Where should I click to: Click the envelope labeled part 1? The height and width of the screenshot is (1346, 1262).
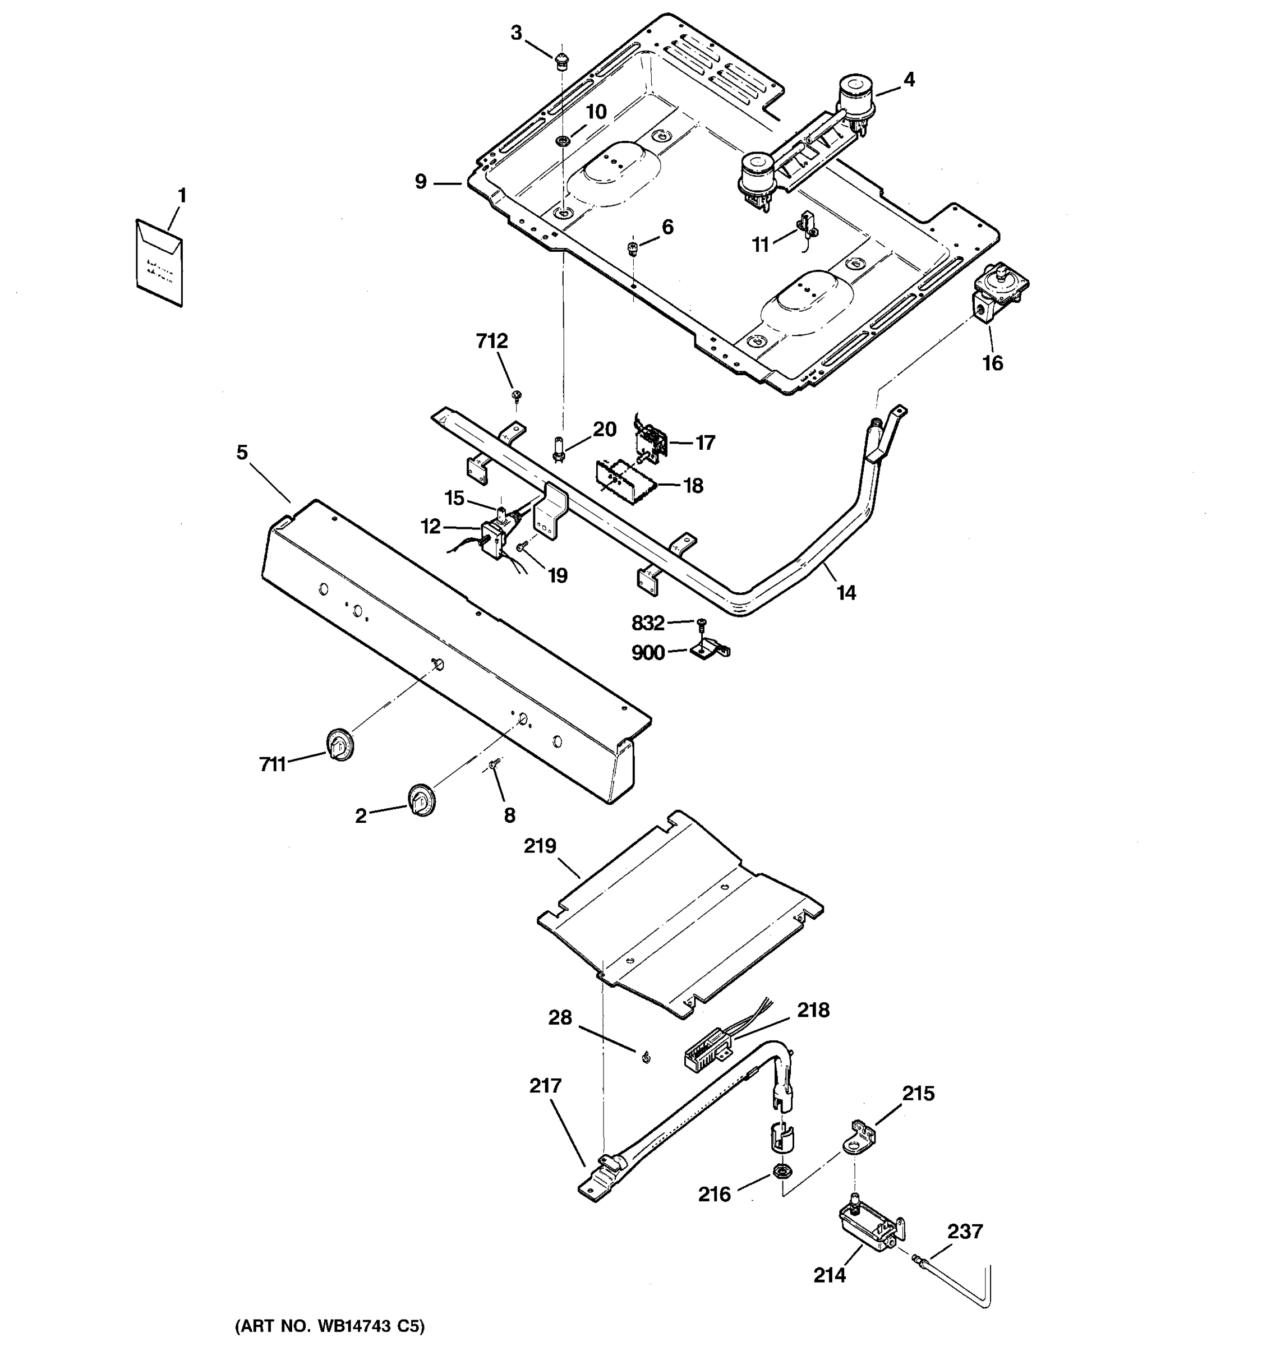160,262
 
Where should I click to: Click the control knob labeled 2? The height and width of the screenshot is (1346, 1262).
422,800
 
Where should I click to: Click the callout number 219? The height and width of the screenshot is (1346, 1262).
540,846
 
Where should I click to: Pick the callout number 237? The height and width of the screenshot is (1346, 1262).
964,1231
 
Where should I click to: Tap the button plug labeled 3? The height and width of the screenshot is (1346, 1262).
560,62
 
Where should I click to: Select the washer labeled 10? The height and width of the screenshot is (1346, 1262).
562,141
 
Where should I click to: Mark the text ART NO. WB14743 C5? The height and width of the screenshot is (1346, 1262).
330,1326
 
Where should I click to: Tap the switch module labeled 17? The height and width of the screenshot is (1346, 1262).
651,441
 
